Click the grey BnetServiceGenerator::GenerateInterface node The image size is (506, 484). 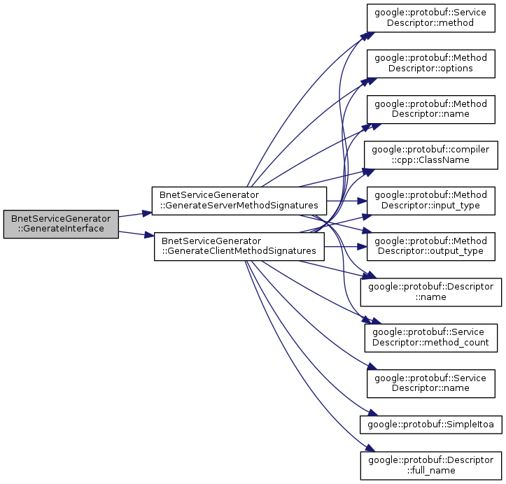click(61, 224)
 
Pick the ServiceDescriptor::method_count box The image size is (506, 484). click(431, 337)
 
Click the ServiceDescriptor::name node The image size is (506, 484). click(431, 383)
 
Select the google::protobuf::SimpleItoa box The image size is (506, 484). click(431, 423)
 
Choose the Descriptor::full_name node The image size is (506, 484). click(431, 464)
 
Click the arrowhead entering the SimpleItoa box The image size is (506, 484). click(364, 417)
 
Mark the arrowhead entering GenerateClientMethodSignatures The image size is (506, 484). click(149, 238)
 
